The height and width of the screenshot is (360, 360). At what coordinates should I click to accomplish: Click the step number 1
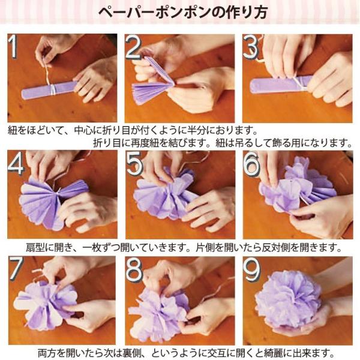13,47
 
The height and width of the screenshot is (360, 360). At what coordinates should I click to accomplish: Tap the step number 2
133,48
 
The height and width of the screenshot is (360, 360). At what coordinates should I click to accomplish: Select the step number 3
251,47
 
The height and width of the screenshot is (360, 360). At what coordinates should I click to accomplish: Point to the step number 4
16,164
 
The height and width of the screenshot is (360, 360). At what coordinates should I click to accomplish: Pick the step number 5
134,164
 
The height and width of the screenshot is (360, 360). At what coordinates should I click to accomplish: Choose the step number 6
251,164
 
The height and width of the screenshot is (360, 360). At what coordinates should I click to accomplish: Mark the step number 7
16,269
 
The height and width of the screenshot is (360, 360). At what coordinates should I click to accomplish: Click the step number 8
134,269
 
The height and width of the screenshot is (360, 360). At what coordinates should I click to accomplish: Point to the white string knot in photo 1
53,89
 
